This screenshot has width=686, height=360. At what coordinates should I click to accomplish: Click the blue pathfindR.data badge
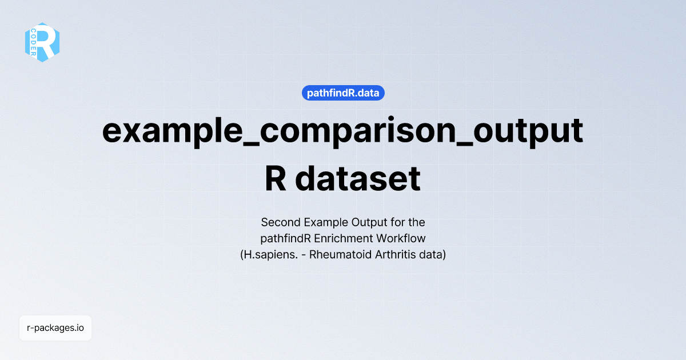click(343, 93)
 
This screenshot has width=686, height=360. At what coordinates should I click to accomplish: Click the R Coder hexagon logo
click(42, 42)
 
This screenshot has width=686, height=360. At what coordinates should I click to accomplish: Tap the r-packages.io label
click(55, 328)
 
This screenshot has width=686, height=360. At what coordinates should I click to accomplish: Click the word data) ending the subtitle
click(432, 255)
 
